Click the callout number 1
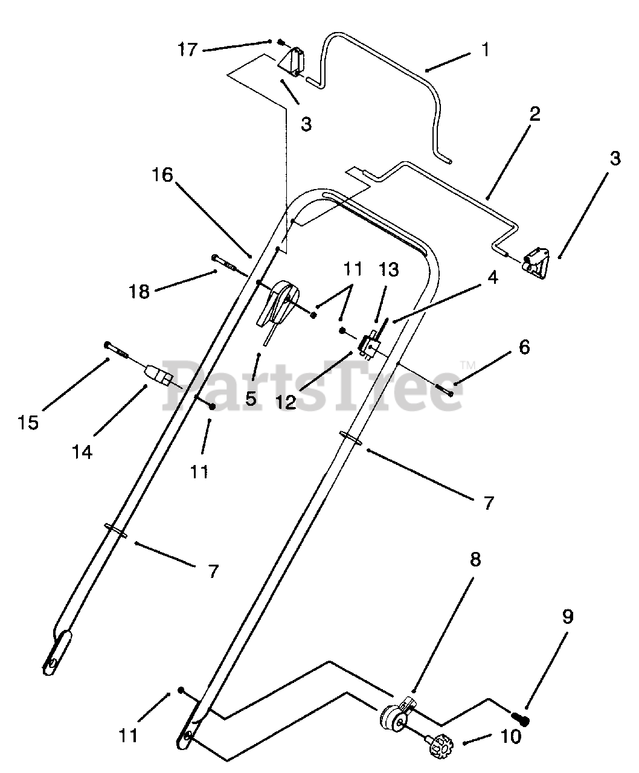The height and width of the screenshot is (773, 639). click(485, 50)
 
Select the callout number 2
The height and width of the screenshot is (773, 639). click(534, 114)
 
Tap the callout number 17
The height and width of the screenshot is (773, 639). click(187, 49)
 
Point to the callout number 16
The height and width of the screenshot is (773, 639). click(162, 175)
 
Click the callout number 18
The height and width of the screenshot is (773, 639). click(139, 292)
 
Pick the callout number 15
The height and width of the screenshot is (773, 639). click(28, 422)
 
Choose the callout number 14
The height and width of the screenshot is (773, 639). click(82, 452)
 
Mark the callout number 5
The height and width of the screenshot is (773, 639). click(251, 399)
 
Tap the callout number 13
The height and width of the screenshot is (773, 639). click(389, 269)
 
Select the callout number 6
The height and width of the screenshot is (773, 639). click(524, 347)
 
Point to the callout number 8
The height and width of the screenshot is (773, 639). click(475, 560)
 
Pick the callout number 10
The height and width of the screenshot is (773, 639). click(510, 736)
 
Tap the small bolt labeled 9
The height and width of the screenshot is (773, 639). click(521, 719)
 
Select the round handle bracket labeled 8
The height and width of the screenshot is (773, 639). click(394, 717)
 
